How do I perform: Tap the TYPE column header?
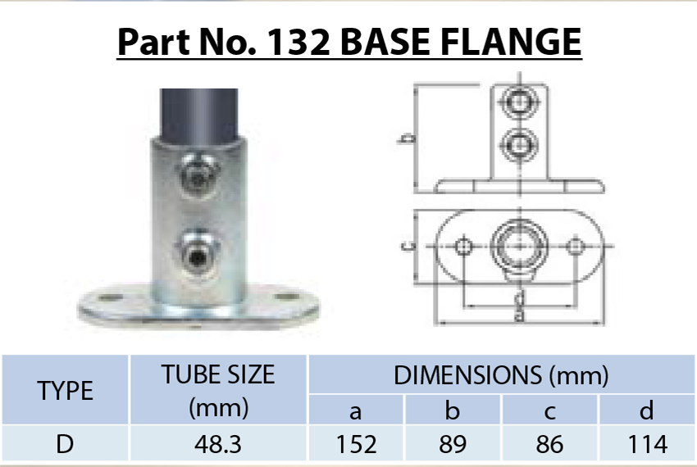[66, 390]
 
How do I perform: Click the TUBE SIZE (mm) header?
[218, 390]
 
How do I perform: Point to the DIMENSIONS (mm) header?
[501, 375]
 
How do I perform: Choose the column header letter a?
[356, 409]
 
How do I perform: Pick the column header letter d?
[646, 409]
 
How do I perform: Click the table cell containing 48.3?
[218, 444]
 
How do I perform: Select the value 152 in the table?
[356, 444]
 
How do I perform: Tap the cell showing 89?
[453, 444]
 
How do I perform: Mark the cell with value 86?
[549, 444]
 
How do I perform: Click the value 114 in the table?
[646, 444]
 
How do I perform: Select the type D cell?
[66, 444]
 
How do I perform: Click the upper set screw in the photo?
[197, 175]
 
